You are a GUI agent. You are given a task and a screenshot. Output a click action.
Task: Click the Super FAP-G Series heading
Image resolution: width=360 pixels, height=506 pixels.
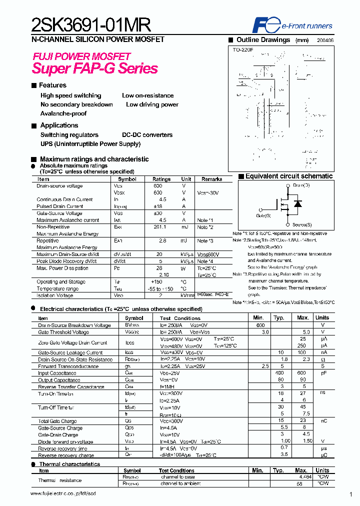(95, 68)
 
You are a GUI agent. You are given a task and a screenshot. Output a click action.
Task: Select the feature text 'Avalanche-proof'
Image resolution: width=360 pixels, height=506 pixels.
(63, 113)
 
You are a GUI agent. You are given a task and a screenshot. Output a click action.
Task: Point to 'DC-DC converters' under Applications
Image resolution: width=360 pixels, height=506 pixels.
(147, 135)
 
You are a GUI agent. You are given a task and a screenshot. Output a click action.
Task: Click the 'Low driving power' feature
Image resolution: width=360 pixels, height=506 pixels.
(152, 104)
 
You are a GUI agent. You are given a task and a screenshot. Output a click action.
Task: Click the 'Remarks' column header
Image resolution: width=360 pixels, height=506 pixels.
(211, 179)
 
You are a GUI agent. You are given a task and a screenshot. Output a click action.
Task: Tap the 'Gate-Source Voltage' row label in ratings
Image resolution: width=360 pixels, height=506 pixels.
(59, 213)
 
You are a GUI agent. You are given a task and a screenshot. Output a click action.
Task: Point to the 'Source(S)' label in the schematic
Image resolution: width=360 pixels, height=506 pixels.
(302, 225)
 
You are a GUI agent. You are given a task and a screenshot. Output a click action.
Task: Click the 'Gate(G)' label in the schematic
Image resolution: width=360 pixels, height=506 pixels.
(263, 215)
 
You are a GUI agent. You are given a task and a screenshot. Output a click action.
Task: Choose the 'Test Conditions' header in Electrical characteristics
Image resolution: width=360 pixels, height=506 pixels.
(180, 318)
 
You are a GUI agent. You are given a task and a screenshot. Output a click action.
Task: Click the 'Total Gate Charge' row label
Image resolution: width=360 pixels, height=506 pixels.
(57, 421)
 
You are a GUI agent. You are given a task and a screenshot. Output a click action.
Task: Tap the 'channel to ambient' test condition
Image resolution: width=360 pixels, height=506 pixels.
(180, 484)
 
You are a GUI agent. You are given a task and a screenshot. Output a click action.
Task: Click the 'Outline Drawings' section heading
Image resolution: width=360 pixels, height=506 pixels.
(263, 39)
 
